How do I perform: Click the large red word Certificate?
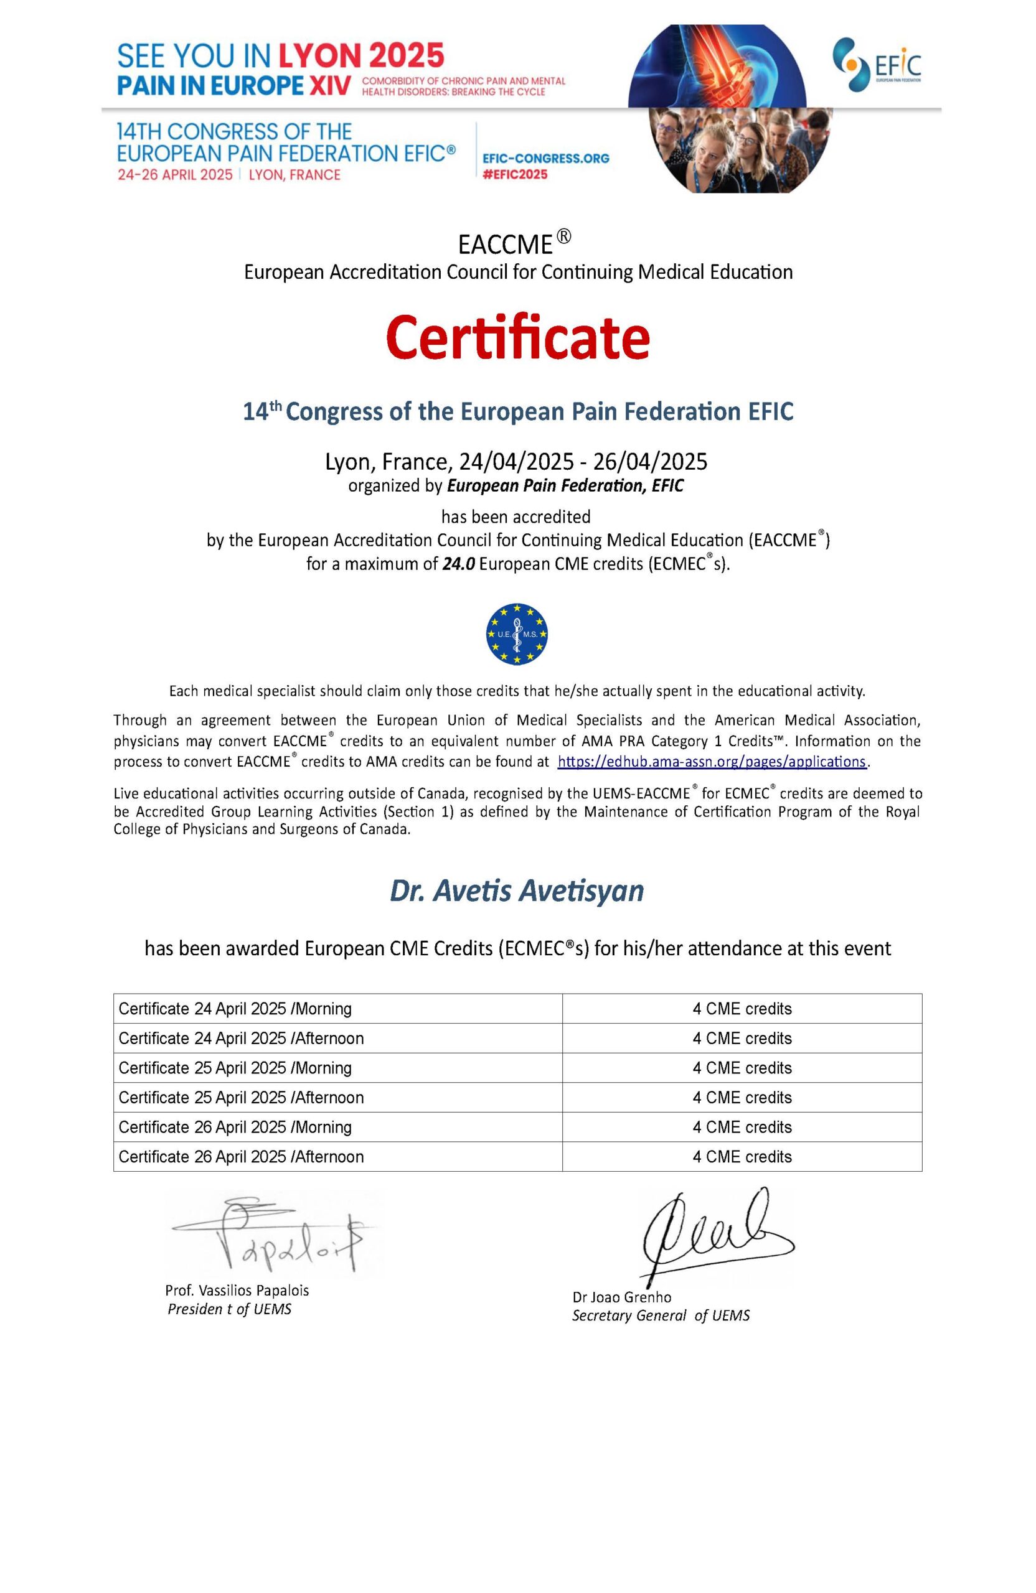coord(517,338)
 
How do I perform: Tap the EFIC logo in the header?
coord(876,65)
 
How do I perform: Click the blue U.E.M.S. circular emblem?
coord(517,634)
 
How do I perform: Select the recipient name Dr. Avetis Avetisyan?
coord(517,891)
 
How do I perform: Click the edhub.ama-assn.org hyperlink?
coord(712,762)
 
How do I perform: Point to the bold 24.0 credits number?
coord(459,564)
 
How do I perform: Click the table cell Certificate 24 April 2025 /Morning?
coord(235,1009)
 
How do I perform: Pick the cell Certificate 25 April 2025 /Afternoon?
coord(241,1098)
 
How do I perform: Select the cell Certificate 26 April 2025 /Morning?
coord(235,1127)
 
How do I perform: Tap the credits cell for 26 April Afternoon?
coord(742,1157)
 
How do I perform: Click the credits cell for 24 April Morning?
coord(742,1009)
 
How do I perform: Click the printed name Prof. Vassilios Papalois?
coord(237,1291)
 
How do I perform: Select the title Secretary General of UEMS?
coord(661,1315)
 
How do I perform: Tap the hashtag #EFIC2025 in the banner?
coord(515,175)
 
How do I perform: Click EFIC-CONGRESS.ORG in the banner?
coord(546,159)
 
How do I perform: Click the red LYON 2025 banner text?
coord(361,56)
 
